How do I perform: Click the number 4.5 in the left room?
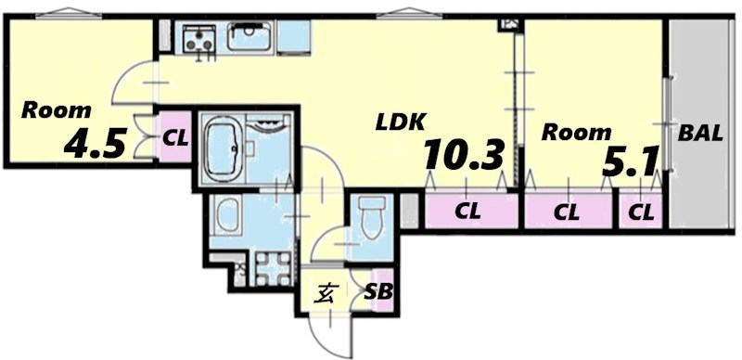pos(94,143)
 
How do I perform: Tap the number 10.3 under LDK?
pos(463,154)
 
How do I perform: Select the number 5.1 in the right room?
pos(630,162)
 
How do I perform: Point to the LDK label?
pos(399,123)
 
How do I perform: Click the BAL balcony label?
pos(700,134)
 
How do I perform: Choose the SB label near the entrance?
pos(378,292)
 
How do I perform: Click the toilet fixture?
pos(371,217)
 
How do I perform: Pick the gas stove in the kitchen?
pos(199,38)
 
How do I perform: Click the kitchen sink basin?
pos(249,38)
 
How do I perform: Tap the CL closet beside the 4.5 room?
pos(175,137)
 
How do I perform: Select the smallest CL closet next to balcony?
pos(641,211)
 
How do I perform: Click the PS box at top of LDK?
pos(509,25)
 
